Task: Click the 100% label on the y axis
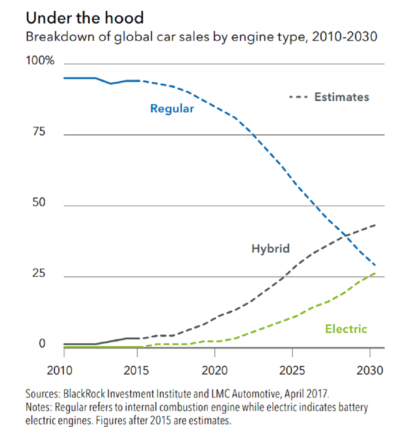pos(40,61)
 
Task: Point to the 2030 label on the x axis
pos(368,370)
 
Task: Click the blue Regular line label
pos(172,109)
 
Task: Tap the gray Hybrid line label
pos(271,248)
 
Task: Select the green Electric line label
pos(346,328)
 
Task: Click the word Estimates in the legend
pos(342,97)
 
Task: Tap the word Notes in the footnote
pos(38,407)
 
